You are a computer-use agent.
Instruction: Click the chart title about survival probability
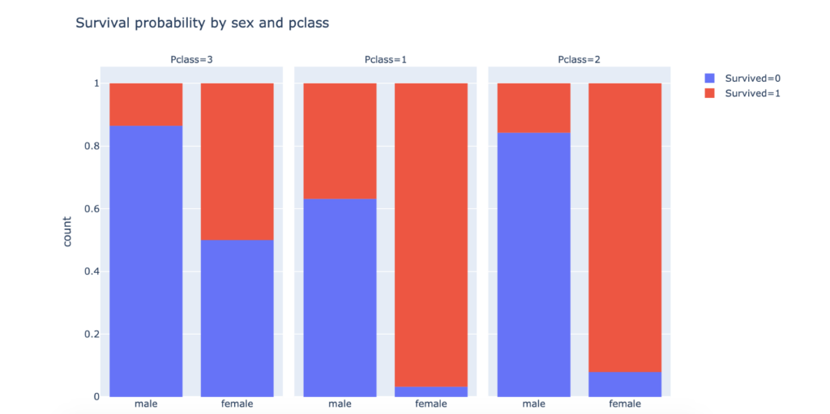[x=202, y=23]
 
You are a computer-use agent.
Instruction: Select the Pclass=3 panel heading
[x=194, y=60]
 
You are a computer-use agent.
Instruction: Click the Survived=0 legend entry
[x=742, y=79]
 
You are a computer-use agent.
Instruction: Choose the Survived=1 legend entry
[x=742, y=93]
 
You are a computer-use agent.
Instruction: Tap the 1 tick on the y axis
[x=96, y=83]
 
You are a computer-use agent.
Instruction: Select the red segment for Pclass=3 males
[x=146, y=105]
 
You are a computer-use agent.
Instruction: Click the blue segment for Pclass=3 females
[x=237, y=318]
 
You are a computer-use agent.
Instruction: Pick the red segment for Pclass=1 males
[x=340, y=140]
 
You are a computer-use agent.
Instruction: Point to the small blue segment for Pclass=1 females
[x=430, y=392]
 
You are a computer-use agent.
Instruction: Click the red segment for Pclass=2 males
[x=533, y=108]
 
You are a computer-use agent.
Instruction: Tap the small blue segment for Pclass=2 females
[x=625, y=384]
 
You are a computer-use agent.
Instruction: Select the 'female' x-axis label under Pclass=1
[x=430, y=404]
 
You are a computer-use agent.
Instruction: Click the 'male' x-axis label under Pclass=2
[x=533, y=404]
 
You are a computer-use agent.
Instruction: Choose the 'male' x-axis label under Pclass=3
[x=146, y=404]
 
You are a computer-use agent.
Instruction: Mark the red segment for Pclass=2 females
[x=625, y=227]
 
